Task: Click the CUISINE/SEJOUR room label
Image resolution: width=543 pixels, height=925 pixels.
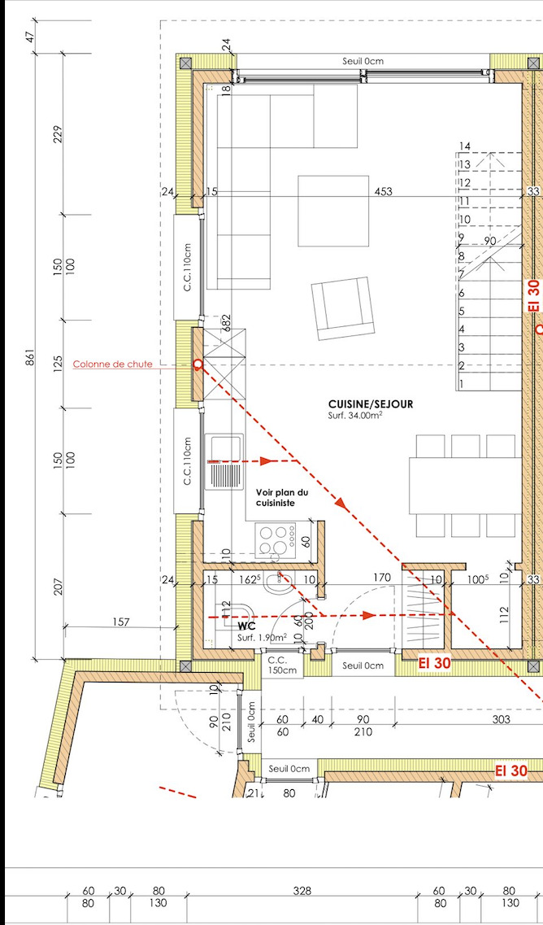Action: (x=371, y=404)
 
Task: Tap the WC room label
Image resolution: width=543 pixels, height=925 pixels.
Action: (x=245, y=626)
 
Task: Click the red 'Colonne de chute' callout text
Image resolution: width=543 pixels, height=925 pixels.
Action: (x=113, y=364)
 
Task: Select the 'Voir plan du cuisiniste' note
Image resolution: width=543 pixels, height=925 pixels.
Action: (x=281, y=497)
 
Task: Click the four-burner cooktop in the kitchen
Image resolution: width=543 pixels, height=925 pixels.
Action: (x=276, y=539)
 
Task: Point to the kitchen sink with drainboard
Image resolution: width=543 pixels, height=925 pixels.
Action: (x=224, y=462)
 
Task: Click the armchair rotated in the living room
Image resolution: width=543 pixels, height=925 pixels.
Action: (x=343, y=308)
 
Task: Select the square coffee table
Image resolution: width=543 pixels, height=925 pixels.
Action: (x=333, y=211)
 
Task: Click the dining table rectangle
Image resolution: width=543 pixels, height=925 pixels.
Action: (x=466, y=485)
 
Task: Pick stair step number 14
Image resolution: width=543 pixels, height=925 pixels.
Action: (x=465, y=146)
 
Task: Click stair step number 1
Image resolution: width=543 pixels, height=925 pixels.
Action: (x=462, y=384)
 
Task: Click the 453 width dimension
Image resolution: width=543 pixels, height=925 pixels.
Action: (x=383, y=191)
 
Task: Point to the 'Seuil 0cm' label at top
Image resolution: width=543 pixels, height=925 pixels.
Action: (x=364, y=61)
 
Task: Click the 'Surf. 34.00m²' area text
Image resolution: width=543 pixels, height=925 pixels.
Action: (x=355, y=415)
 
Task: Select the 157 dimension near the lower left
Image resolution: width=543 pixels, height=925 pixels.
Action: (x=119, y=622)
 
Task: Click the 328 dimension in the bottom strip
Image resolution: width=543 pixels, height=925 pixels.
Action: (x=302, y=891)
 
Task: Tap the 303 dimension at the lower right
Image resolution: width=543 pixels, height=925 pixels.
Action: (x=501, y=719)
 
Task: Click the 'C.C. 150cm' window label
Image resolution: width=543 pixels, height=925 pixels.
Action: (x=282, y=665)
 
